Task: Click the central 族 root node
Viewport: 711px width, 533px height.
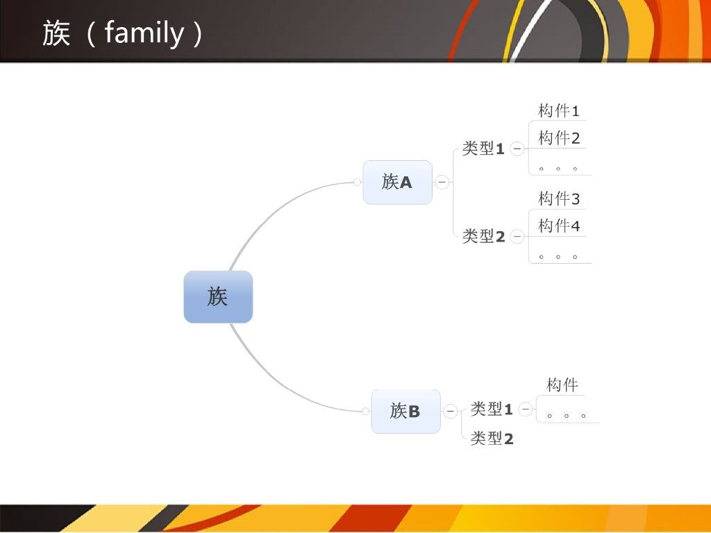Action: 218,297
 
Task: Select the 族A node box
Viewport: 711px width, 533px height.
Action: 397,183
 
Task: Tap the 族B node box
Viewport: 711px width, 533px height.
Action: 405,412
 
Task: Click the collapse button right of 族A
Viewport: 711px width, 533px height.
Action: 442,183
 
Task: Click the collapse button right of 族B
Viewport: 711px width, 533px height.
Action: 451,412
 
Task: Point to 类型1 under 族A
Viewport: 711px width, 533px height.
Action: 483,149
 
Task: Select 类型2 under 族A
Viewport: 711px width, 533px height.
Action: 483,237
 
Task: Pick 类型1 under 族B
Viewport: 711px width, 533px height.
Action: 492,409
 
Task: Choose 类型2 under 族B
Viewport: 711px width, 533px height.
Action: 492,439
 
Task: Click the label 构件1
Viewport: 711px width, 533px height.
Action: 558,110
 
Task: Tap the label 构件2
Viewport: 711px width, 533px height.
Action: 558,138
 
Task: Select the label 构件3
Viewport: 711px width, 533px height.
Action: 558,199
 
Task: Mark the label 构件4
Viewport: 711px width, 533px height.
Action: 558,226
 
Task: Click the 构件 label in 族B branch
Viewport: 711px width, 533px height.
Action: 562,385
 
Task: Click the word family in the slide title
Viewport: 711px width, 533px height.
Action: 144,33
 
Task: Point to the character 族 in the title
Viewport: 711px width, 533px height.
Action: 56,33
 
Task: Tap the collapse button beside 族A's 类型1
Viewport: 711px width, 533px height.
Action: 517,149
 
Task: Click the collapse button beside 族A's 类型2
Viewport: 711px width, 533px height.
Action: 517,237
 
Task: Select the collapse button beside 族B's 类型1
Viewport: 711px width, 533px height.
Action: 526,409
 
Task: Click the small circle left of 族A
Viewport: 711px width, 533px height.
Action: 357,183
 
